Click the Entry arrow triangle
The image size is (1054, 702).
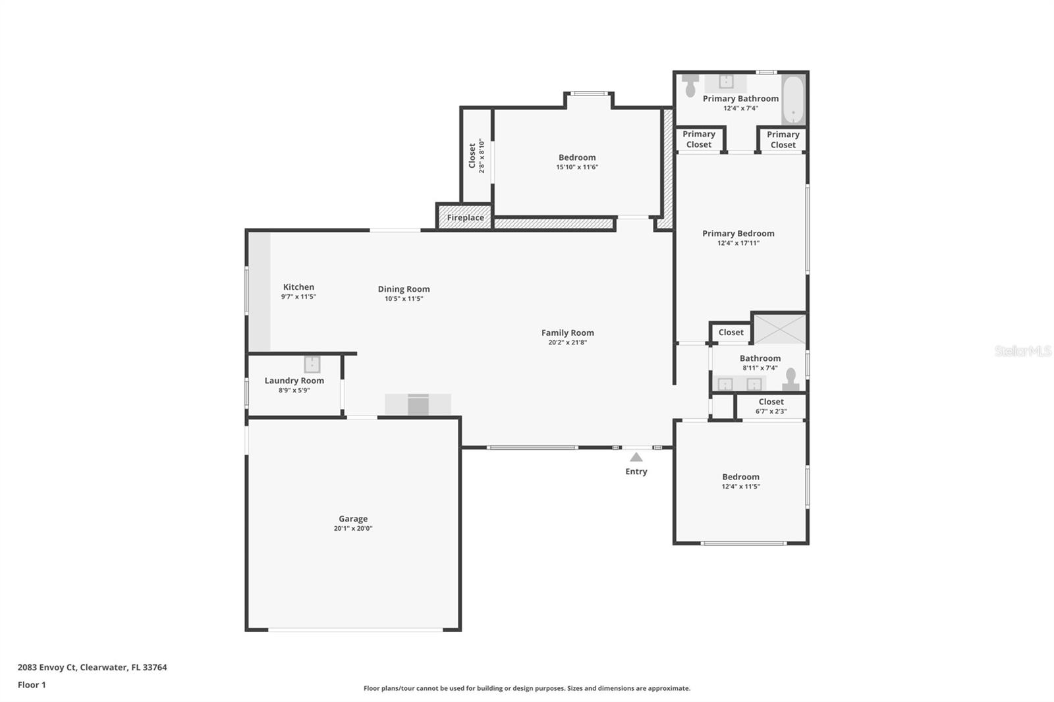pos(636,457)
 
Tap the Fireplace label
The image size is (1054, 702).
pos(465,217)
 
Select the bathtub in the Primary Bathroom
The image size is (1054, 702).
pos(793,99)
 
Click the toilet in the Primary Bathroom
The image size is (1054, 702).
pos(690,85)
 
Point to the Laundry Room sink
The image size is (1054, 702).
pos(312,365)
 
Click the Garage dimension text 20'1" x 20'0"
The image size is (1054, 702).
pos(353,528)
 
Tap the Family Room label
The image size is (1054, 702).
pos(567,333)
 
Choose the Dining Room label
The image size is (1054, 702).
pos(404,289)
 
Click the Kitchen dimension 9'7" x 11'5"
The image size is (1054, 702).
pos(298,296)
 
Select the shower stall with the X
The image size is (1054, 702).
pos(780,329)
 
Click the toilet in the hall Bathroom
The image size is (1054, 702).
pos(790,379)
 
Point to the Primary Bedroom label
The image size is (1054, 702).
pos(738,233)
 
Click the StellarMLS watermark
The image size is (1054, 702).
pos(1022,351)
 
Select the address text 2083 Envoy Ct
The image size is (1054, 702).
pos(47,667)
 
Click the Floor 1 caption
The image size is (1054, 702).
pos(32,685)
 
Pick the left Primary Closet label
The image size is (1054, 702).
pos(699,139)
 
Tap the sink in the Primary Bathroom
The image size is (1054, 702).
pos(726,82)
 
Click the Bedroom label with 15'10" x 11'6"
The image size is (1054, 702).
pos(577,157)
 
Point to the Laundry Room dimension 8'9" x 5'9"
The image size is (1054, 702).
pos(294,390)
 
